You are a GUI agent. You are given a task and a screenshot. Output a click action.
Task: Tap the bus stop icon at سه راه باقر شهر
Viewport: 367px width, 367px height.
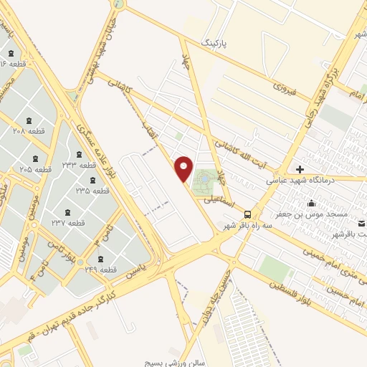(247, 214)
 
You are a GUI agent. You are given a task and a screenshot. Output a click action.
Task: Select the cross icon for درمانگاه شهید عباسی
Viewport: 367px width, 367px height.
(300, 169)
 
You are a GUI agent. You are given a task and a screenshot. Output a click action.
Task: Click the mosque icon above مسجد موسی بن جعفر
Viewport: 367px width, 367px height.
(311, 203)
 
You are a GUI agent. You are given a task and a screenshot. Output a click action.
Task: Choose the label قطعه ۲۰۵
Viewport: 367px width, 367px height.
(35, 168)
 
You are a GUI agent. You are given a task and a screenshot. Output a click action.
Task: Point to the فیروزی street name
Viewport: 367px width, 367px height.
(284, 88)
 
